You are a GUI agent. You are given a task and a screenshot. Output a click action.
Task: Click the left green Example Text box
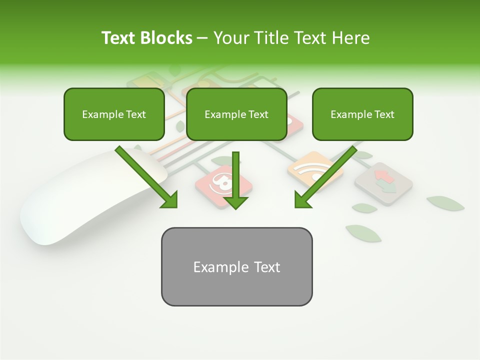[114, 114]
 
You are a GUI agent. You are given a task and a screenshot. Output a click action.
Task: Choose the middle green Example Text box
[236, 114]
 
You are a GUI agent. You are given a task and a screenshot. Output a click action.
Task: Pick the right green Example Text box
[362, 114]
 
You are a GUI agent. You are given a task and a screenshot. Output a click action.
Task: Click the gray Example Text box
[236, 266]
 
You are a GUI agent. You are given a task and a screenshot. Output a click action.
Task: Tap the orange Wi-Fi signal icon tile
[315, 170]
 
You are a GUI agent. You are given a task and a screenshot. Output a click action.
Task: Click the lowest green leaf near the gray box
[363, 233]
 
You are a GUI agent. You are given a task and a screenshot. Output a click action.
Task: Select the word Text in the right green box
[384, 114]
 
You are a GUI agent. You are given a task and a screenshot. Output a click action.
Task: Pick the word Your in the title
[229, 38]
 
